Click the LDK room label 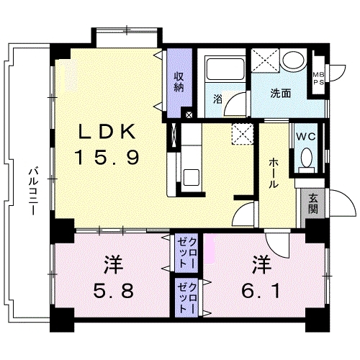[107, 132]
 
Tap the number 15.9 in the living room [107, 157]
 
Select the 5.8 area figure [114, 290]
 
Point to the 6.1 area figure [261, 291]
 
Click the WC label [305, 137]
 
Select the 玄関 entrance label [313, 204]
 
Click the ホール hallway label [274, 174]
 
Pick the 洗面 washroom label [281, 94]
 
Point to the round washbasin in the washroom [294, 60]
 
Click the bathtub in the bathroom [225, 68]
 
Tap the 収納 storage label [179, 82]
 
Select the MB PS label [318, 78]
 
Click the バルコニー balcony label [32, 192]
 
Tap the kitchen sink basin [192, 177]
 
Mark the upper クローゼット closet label [186, 253]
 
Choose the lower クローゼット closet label [186, 298]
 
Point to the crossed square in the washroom [265, 60]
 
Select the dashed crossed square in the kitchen [243, 134]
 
